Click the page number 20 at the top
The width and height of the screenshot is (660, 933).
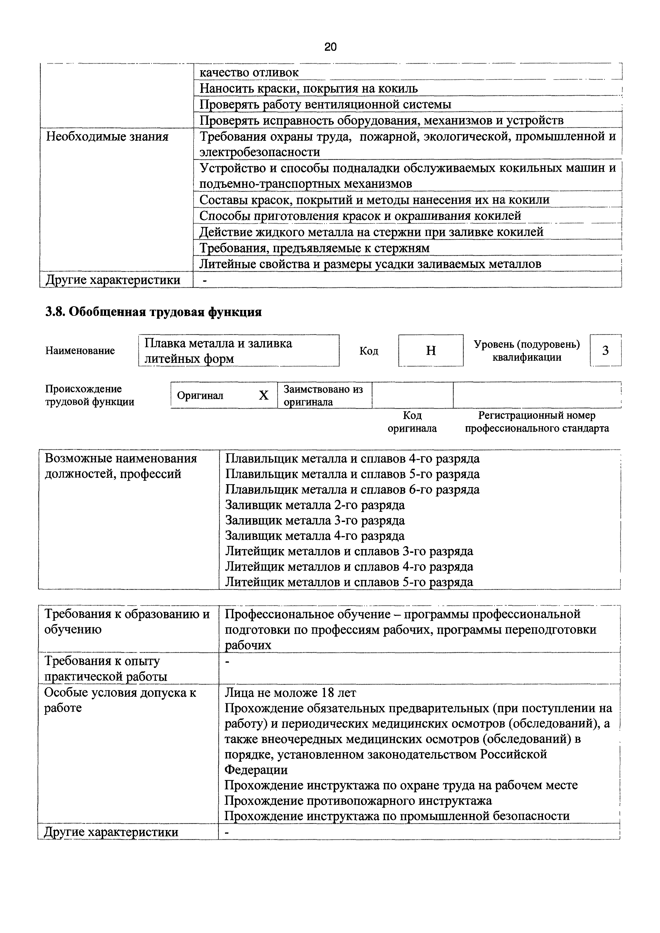point(331,47)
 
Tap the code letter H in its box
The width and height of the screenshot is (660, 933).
point(431,350)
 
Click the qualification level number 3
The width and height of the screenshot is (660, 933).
point(605,350)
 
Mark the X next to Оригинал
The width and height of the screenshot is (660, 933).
point(264,395)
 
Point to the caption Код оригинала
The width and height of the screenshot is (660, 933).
point(412,422)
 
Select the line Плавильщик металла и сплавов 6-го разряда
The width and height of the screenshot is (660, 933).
point(352,490)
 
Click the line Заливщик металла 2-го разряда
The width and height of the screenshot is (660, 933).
point(315,505)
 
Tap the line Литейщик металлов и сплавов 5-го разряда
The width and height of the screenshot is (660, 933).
point(349,582)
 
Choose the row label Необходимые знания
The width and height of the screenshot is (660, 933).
point(107,136)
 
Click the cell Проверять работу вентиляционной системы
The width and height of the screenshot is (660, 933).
point(325,105)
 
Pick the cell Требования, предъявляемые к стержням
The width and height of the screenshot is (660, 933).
point(314,248)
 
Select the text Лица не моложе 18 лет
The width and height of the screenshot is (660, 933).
point(291,692)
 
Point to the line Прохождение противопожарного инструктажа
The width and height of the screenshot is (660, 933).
point(358,801)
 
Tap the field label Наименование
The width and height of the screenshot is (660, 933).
point(80,350)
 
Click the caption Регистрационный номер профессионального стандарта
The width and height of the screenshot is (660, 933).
point(537,422)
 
